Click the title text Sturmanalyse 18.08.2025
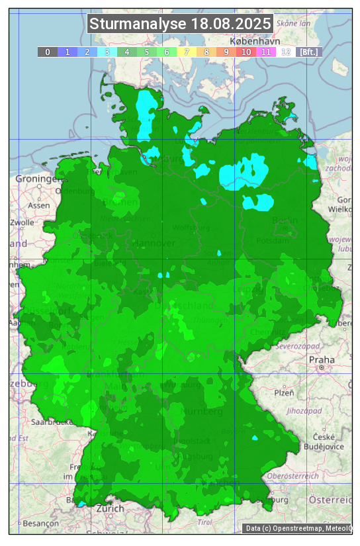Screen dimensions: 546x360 click(x=180, y=24)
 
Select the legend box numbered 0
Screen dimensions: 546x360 click(x=48, y=52)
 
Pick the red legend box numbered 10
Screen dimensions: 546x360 click(x=246, y=52)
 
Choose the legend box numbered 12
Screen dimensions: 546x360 click(x=286, y=52)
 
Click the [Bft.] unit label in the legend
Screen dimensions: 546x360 click(x=309, y=52)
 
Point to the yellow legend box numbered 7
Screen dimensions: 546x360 click(x=187, y=52)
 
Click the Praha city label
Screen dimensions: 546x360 click(x=322, y=359)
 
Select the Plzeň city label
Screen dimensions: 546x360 click(x=284, y=392)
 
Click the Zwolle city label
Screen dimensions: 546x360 click(x=22, y=222)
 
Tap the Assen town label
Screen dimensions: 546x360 click(x=39, y=205)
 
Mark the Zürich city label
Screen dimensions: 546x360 click(x=110, y=508)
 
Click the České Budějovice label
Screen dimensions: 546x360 click(x=328, y=441)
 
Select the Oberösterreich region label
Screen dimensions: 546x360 click(x=293, y=476)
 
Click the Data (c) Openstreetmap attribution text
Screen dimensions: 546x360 click(x=298, y=528)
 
